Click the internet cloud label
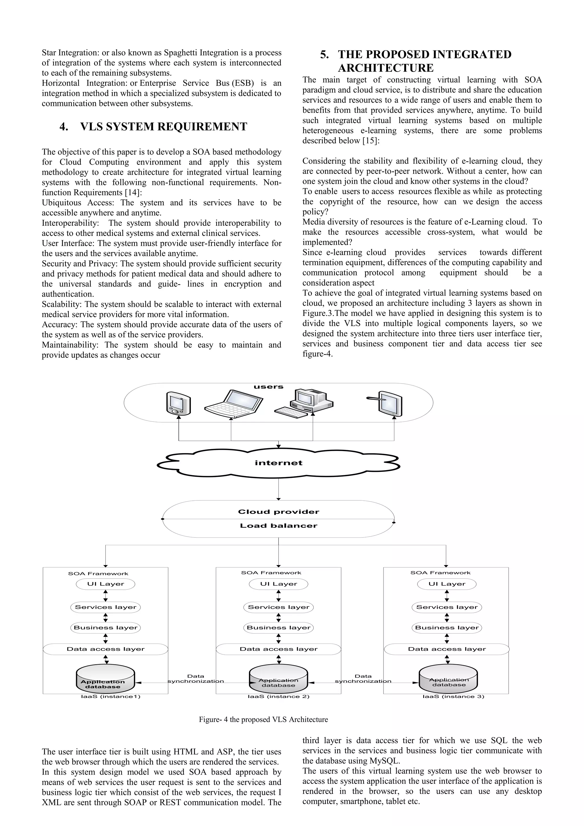click(279, 463)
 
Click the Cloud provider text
click(279, 512)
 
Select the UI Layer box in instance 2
click(279, 584)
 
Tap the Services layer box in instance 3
click(447, 607)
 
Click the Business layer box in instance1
click(106, 628)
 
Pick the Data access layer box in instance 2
click(279, 649)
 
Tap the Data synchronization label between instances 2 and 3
click(363, 679)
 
